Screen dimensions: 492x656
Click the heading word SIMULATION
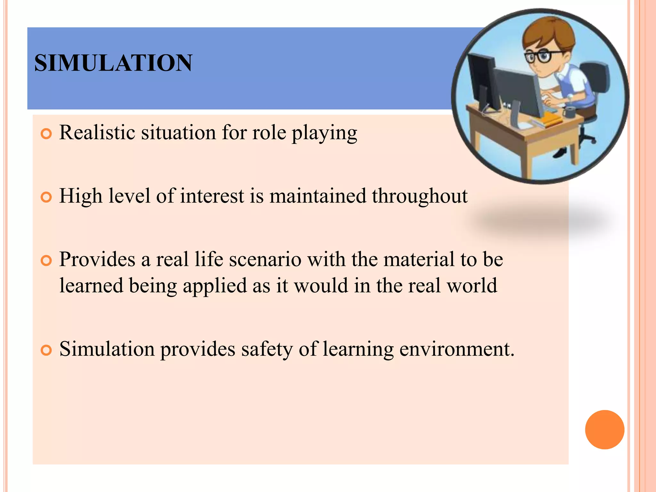click(x=113, y=63)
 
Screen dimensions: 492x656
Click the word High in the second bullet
click(x=81, y=196)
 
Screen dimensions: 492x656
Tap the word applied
click(x=215, y=286)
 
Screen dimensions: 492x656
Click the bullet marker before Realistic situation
click(x=46, y=134)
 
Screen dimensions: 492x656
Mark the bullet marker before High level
click(x=46, y=197)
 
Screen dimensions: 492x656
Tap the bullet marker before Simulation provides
click(x=46, y=350)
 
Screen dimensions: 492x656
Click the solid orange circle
click(x=604, y=430)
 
